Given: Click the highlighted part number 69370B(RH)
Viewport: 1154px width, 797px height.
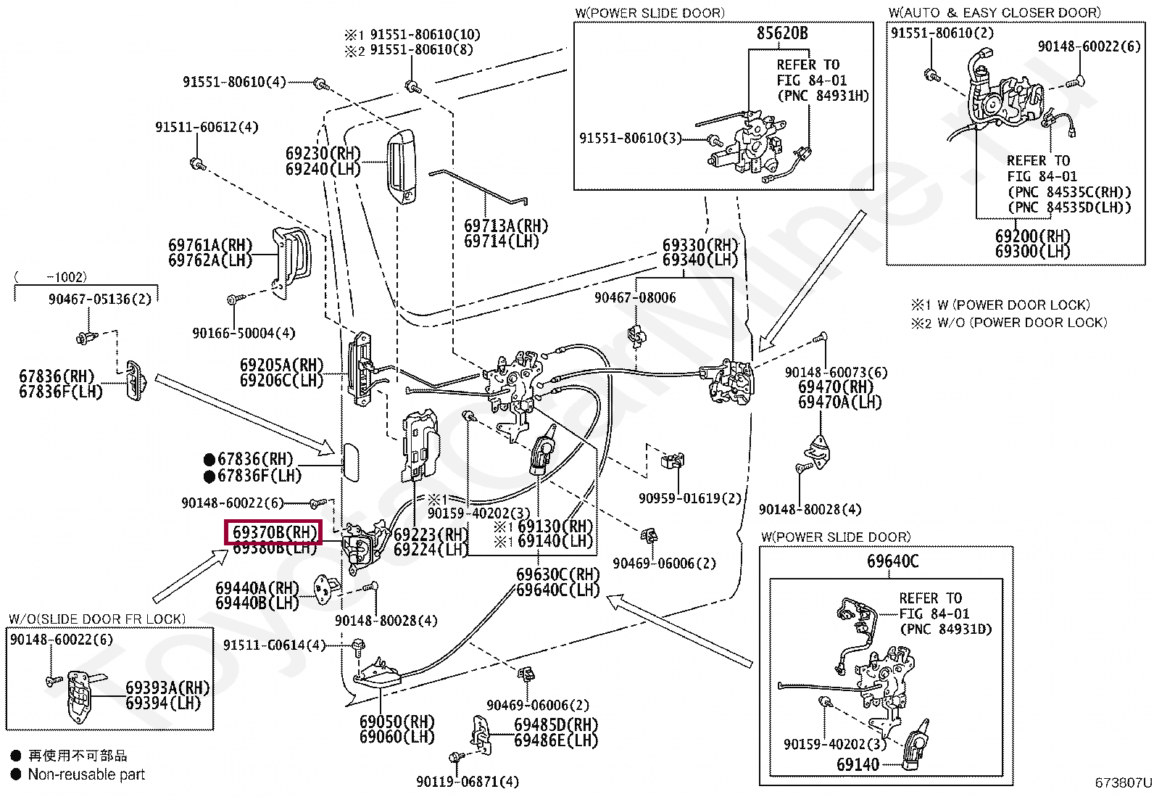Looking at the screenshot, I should click(273, 532).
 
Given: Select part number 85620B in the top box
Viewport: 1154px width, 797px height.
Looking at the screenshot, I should click(781, 33).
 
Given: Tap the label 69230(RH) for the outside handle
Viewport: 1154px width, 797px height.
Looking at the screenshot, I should click(323, 154).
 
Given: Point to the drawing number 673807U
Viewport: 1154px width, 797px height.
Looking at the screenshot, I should click(1123, 782).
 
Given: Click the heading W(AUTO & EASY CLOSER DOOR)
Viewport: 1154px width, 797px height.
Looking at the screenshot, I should click(994, 12).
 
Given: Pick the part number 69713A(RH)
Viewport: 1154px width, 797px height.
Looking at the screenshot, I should click(506, 226).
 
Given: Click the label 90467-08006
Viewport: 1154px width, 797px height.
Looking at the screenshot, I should click(635, 297).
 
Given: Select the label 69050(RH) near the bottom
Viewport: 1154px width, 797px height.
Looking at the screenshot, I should click(397, 722).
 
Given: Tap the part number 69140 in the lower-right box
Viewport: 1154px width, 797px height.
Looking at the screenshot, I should click(858, 764).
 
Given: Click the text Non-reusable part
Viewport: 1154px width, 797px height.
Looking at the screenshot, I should click(86, 775).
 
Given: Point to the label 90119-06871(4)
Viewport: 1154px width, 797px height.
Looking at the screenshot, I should click(468, 781).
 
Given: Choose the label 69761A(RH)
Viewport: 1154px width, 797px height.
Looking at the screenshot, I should click(210, 246).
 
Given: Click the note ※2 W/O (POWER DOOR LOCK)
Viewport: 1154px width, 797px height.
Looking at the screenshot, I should click(1009, 323).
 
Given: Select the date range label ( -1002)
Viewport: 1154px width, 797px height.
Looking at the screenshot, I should click(50, 277).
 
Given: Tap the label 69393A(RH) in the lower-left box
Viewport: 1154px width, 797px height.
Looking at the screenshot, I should click(167, 687).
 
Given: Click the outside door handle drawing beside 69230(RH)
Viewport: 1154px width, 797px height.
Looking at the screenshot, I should click(401, 168).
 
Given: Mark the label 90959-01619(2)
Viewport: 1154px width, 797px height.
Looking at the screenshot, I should click(690, 498).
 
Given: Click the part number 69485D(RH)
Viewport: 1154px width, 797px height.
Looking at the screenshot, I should click(556, 725).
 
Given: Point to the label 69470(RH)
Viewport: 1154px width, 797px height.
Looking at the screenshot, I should click(836, 387).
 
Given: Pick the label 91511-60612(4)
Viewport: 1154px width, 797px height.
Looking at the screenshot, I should click(207, 127).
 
